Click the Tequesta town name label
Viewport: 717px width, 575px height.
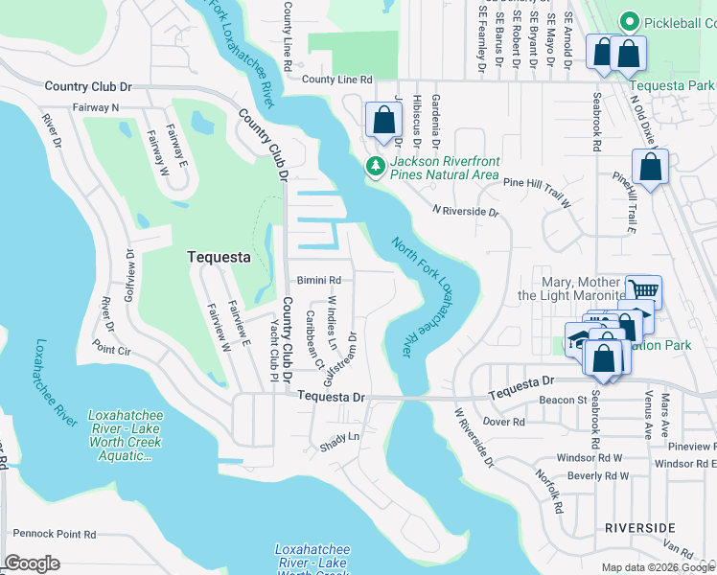[217, 257]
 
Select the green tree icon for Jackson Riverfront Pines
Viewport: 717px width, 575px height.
[376, 168]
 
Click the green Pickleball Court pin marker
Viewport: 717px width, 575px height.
[630, 21]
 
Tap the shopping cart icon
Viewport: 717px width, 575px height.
[642, 288]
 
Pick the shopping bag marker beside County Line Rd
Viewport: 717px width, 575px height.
[383, 121]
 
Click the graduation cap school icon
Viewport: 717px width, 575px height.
[579, 337]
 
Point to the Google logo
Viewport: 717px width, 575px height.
[32, 563]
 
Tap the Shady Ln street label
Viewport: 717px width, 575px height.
[339, 436]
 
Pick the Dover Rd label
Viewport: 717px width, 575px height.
[505, 421]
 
